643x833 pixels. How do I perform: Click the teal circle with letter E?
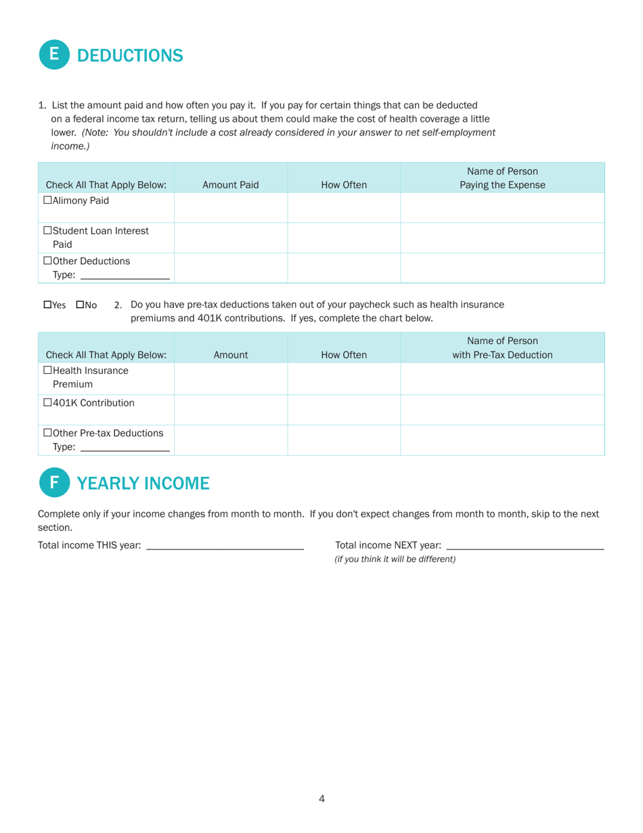click(55, 55)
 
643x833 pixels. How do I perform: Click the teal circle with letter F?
click(55, 482)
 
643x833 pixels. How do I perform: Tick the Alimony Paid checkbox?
click(47, 200)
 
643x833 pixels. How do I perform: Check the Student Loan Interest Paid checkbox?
click(47, 230)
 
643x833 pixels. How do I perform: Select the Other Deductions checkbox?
click(47, 261)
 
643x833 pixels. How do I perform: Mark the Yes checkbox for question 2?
click(47, 305)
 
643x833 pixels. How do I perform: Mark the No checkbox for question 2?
click(80, 305)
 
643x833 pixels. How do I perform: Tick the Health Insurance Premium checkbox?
click(47, 370)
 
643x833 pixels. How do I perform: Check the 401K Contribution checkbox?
click(47, 403)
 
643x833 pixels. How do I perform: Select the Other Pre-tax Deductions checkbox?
click(47, 433)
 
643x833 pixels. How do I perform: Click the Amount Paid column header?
click(231, 185)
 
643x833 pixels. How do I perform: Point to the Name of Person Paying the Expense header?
click(502, 178)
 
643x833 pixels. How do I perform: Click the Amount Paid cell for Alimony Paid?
click(231, 207)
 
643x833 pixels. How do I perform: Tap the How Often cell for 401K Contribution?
click(344, 410)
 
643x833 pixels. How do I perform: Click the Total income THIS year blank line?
click(225, 545)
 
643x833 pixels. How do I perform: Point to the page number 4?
click(321, 799)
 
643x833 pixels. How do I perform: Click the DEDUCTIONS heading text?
click(130, 56)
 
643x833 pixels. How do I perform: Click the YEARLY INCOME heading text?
click(143, 483)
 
